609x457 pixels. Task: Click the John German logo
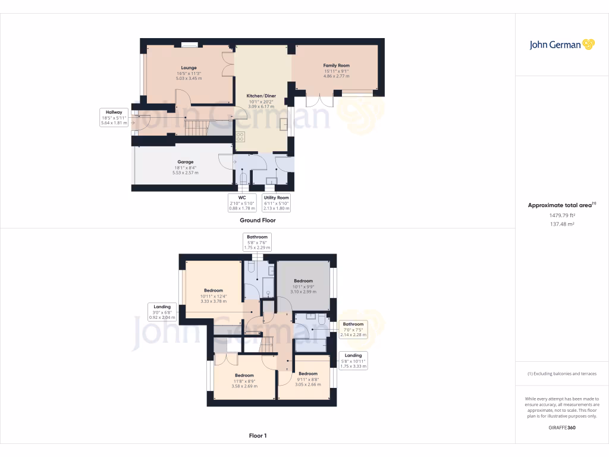point(561,45)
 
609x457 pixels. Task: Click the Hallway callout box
point(114,118)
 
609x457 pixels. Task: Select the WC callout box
point(242,202)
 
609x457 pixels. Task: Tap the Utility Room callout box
point(277,202)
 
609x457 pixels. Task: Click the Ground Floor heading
point(258,220)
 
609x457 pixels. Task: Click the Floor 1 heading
point(258,436)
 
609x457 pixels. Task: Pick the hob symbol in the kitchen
point(240,137)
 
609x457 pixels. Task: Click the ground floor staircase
point(198,126)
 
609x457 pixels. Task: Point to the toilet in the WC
point(243,179)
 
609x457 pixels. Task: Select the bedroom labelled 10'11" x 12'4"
point(213,296)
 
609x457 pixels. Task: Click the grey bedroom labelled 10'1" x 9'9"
point(303,286)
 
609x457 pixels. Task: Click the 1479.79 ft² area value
point(561,215)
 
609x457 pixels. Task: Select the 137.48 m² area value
point(561,224)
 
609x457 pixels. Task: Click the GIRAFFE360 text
point(561,428)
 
